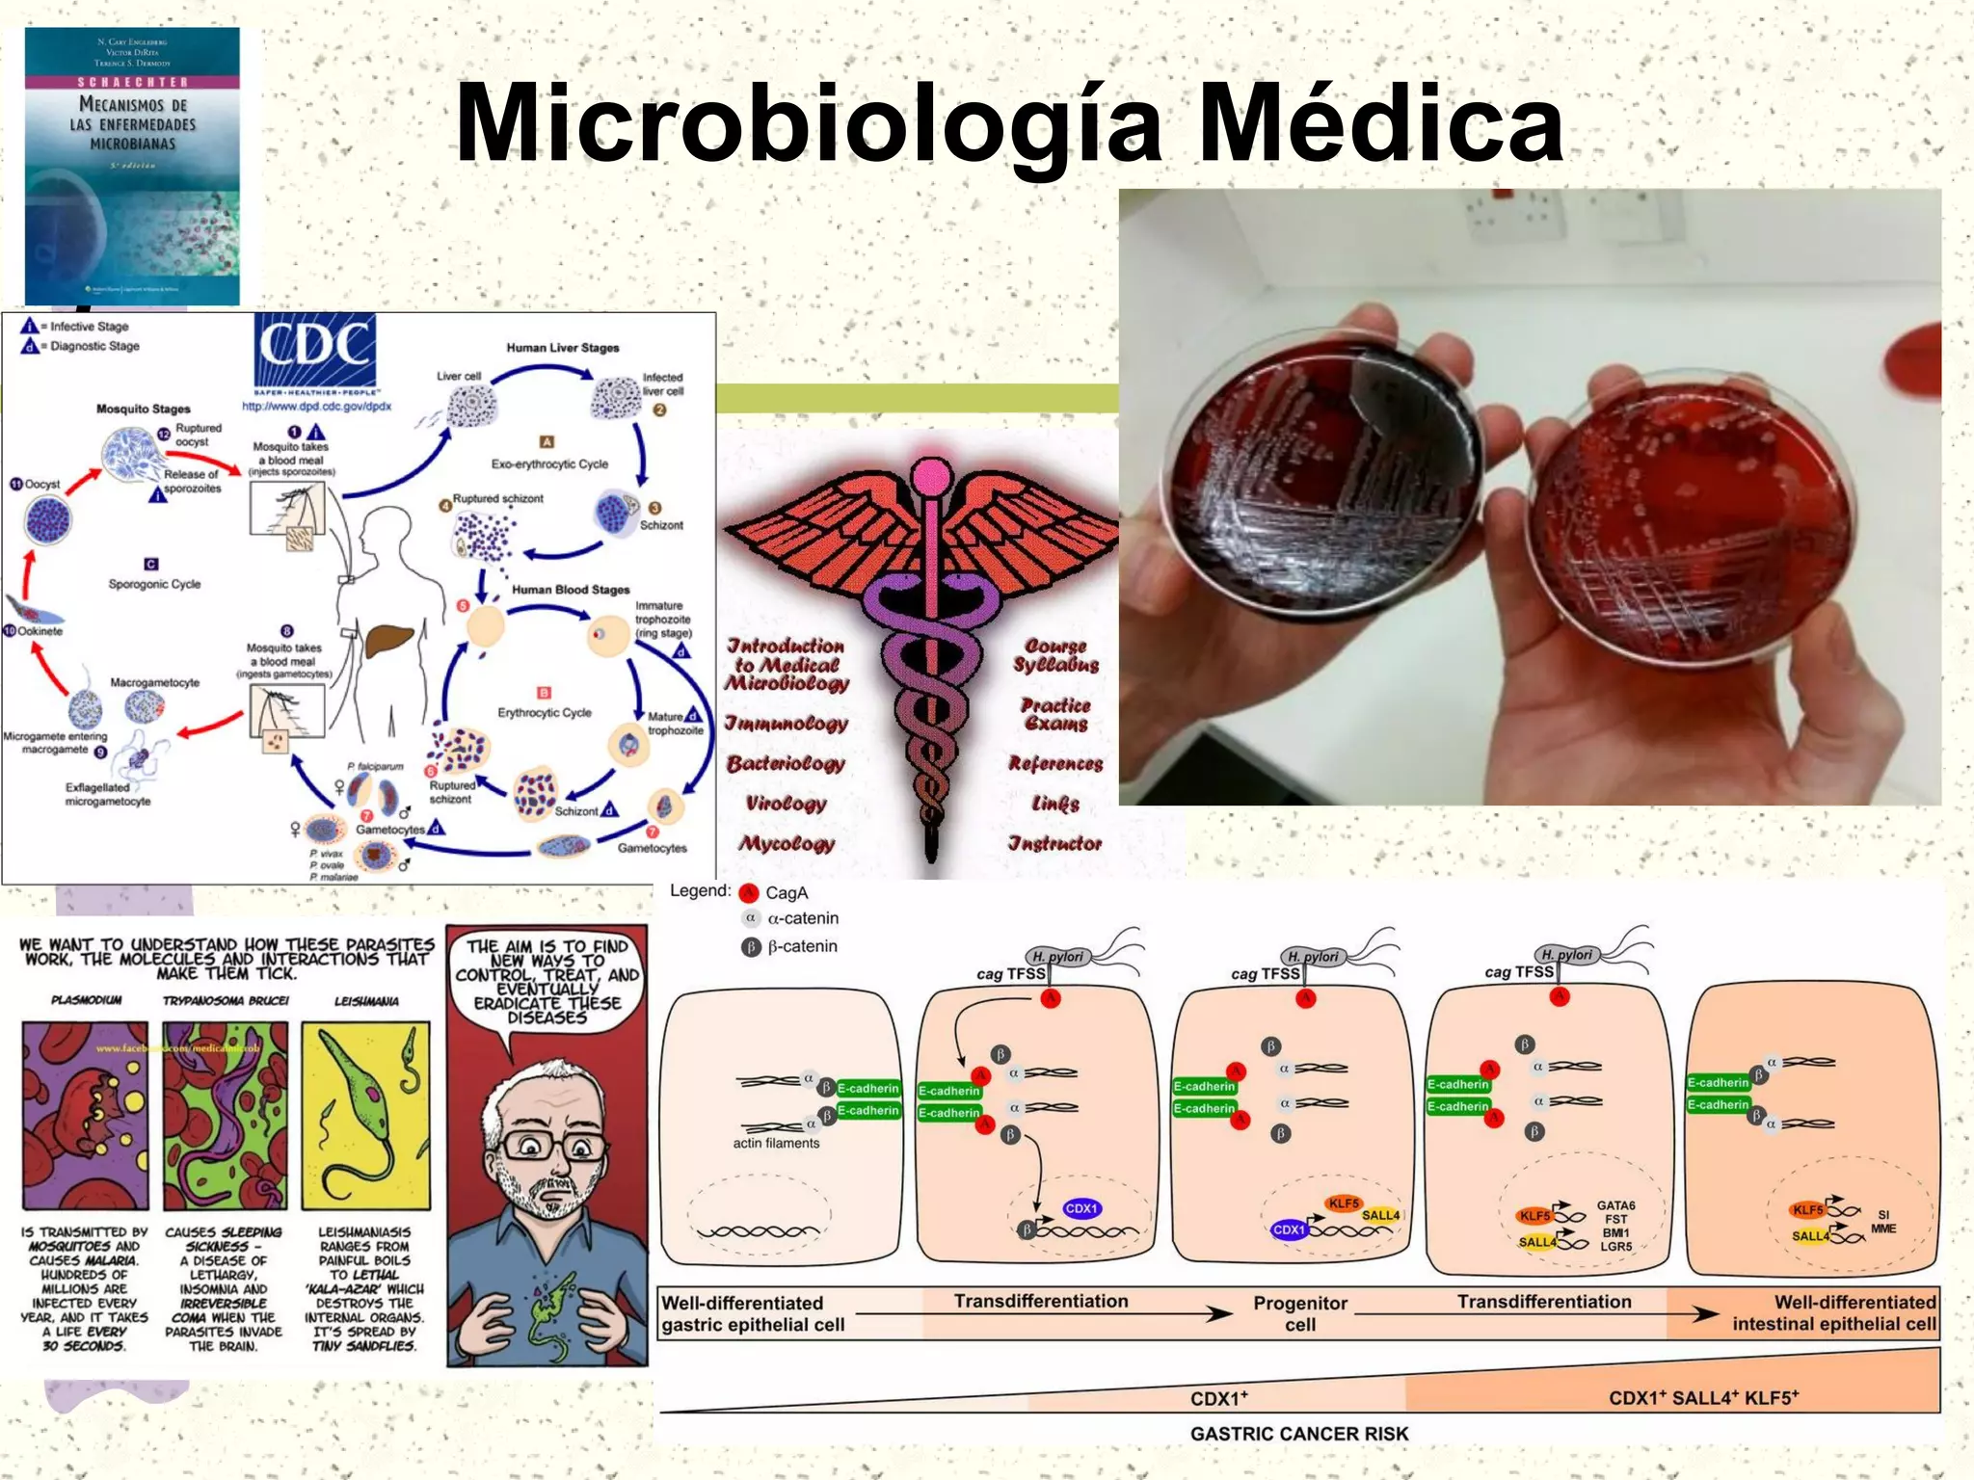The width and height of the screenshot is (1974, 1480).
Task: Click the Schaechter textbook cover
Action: tap(132, 166)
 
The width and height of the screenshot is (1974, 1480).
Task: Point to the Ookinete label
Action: tap(40, 631)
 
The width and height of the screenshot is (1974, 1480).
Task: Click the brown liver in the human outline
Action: tap(388, 641)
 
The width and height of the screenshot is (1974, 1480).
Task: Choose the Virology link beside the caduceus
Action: tap(787, 804)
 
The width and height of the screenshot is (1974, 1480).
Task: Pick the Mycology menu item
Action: tap(787, 844)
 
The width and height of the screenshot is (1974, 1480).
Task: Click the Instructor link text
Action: tap(1054, 844)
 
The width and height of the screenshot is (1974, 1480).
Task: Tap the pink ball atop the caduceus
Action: tap(931, 477)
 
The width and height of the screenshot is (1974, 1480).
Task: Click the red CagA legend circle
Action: tap(749, 893)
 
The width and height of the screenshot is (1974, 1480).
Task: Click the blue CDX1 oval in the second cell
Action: tap(1081, 1208)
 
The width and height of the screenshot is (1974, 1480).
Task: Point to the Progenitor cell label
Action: tap(1299, 1313)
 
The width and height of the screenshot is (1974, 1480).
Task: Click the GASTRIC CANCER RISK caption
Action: tap(1298, 1434)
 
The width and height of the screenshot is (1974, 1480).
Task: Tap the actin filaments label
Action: tap(776, 1143)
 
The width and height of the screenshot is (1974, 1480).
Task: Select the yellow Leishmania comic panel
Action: tap(365, 1115)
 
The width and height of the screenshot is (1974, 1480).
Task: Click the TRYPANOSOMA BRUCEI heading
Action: tap(226, 1001)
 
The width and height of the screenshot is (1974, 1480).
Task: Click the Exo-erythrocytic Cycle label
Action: tap(549, 463)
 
